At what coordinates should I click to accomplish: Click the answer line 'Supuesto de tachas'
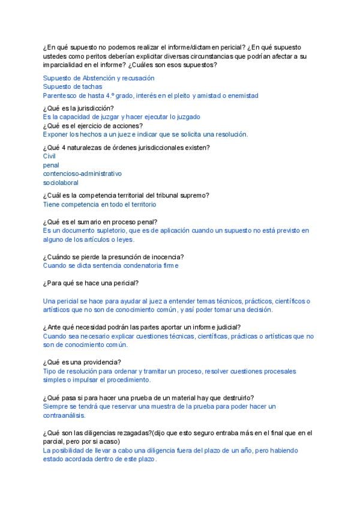pos(73,86)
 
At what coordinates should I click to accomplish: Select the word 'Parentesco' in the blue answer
pos(59,95)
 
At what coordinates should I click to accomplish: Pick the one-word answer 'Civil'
pos(49,156)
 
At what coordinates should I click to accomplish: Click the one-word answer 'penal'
pos(51,164)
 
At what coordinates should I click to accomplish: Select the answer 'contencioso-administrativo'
pos(82,173)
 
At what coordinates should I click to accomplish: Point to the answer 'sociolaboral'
pos(61,182)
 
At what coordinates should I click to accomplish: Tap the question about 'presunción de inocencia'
pos(113,257)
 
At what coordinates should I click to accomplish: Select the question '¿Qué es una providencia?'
pos(82,362)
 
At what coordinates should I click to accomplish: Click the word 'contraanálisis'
pos(65,415)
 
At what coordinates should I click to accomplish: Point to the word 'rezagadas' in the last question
pos(135,433)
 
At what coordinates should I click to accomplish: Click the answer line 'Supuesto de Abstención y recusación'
pos(99,78)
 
